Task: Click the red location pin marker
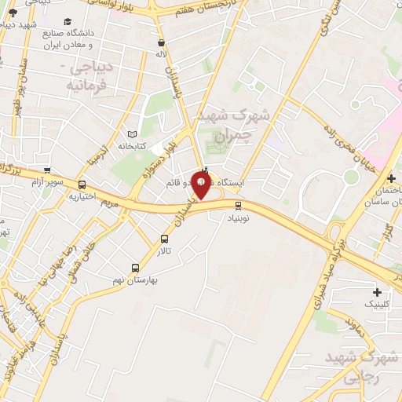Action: coord(202,185)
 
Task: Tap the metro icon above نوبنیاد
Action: coord(239,206)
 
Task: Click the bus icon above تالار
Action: coord(164,239)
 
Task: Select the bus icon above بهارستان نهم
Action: coord(135,268)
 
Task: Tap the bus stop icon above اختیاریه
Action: coord(82,185)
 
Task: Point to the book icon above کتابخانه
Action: coord(131,135)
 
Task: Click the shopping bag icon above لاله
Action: coord(162,43)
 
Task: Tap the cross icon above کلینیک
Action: coord(377,292)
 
